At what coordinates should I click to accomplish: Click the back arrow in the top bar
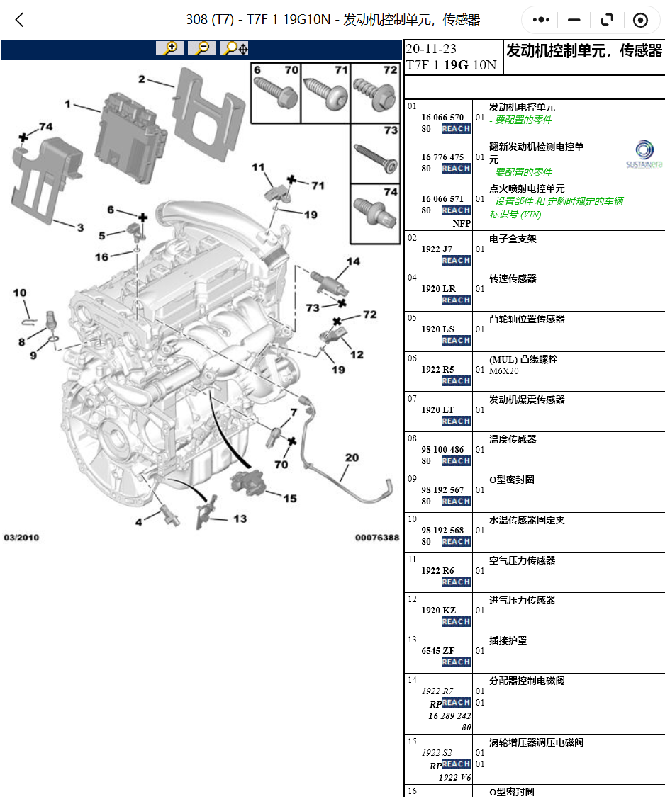pos(20,20)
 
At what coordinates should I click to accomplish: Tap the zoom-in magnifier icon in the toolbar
pos(170,48)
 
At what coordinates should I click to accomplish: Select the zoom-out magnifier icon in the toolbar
pos(202,48)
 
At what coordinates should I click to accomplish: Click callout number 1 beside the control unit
pos(68,104)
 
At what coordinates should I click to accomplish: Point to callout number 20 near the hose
pos(352,458)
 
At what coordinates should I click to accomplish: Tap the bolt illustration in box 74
pos(374,211)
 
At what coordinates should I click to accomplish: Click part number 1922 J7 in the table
pos(436,249)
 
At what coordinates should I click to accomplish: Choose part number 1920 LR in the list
pos(438,288)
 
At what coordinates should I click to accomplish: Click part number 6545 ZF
pos(437,650)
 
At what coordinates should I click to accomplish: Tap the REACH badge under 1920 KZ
pos(456,622)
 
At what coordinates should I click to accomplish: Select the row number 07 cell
pos(412,399)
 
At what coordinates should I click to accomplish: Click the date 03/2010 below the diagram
pos(21,538)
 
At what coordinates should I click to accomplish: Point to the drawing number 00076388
pos(376,538)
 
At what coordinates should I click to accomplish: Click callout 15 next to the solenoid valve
pos(289,499)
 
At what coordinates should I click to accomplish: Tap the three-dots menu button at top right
pos(542,20)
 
